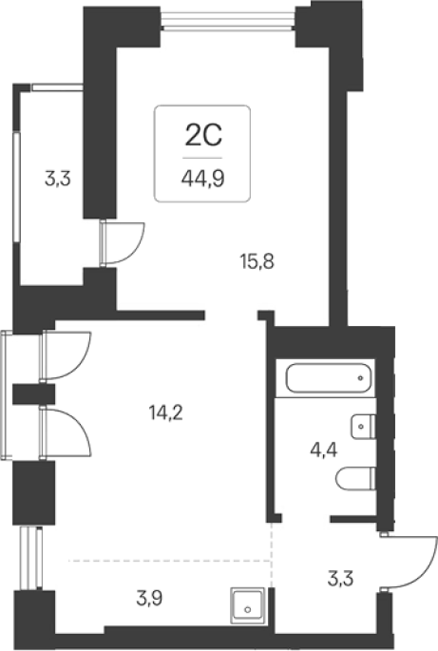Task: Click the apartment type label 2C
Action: [x=203, y=135]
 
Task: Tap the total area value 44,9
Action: [x=202, y=179]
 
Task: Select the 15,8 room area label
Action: [x=257, y=261]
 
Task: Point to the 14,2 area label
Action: [x=165, y=412]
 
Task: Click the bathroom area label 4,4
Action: [x=323, y=450]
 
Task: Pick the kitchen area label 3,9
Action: [x=149, y=599]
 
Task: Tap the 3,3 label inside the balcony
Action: [x=58, y=180]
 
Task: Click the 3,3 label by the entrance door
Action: [x=340, y=579]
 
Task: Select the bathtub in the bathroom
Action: [x=328, y=378]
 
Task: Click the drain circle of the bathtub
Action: [x=360, y=378]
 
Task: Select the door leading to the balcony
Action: [x=122, y=243]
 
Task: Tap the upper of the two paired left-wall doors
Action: [x=66, y=355]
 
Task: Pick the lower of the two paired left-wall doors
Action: [x=66, y=433]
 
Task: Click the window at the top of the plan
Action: [x=228, y=20]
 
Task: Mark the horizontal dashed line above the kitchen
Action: [x=170, y=561]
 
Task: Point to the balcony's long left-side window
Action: [x=16, y=186]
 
